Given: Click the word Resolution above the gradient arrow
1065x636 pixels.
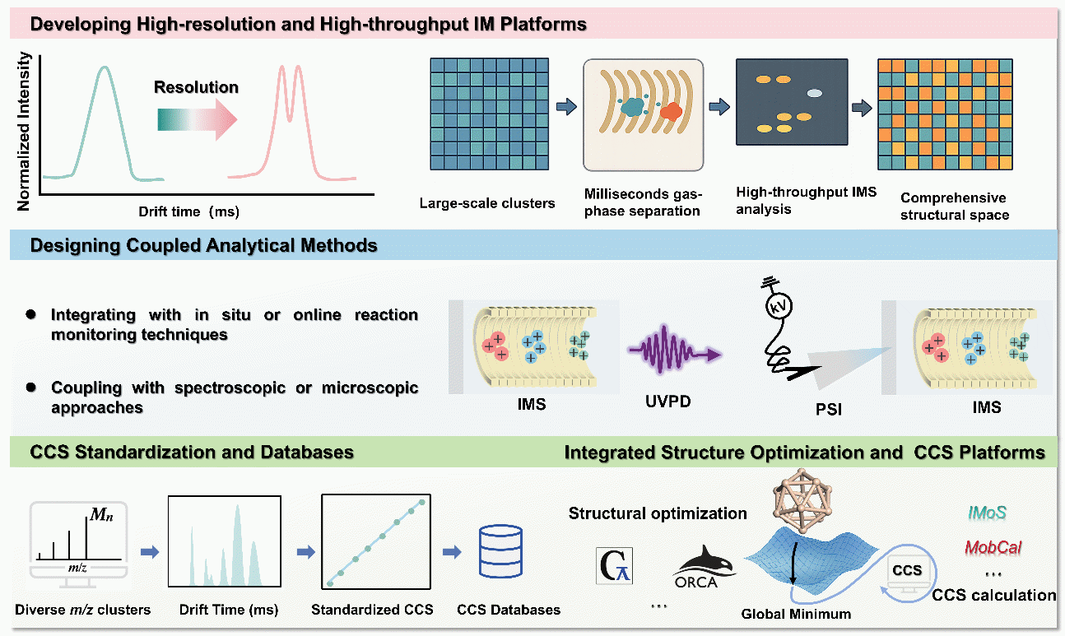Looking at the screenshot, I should point(196,87).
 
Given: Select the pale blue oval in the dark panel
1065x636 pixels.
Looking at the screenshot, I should point(814,95).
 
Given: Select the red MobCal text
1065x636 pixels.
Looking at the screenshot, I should point(987,546).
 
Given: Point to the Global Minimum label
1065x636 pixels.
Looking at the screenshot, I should point(795,614).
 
